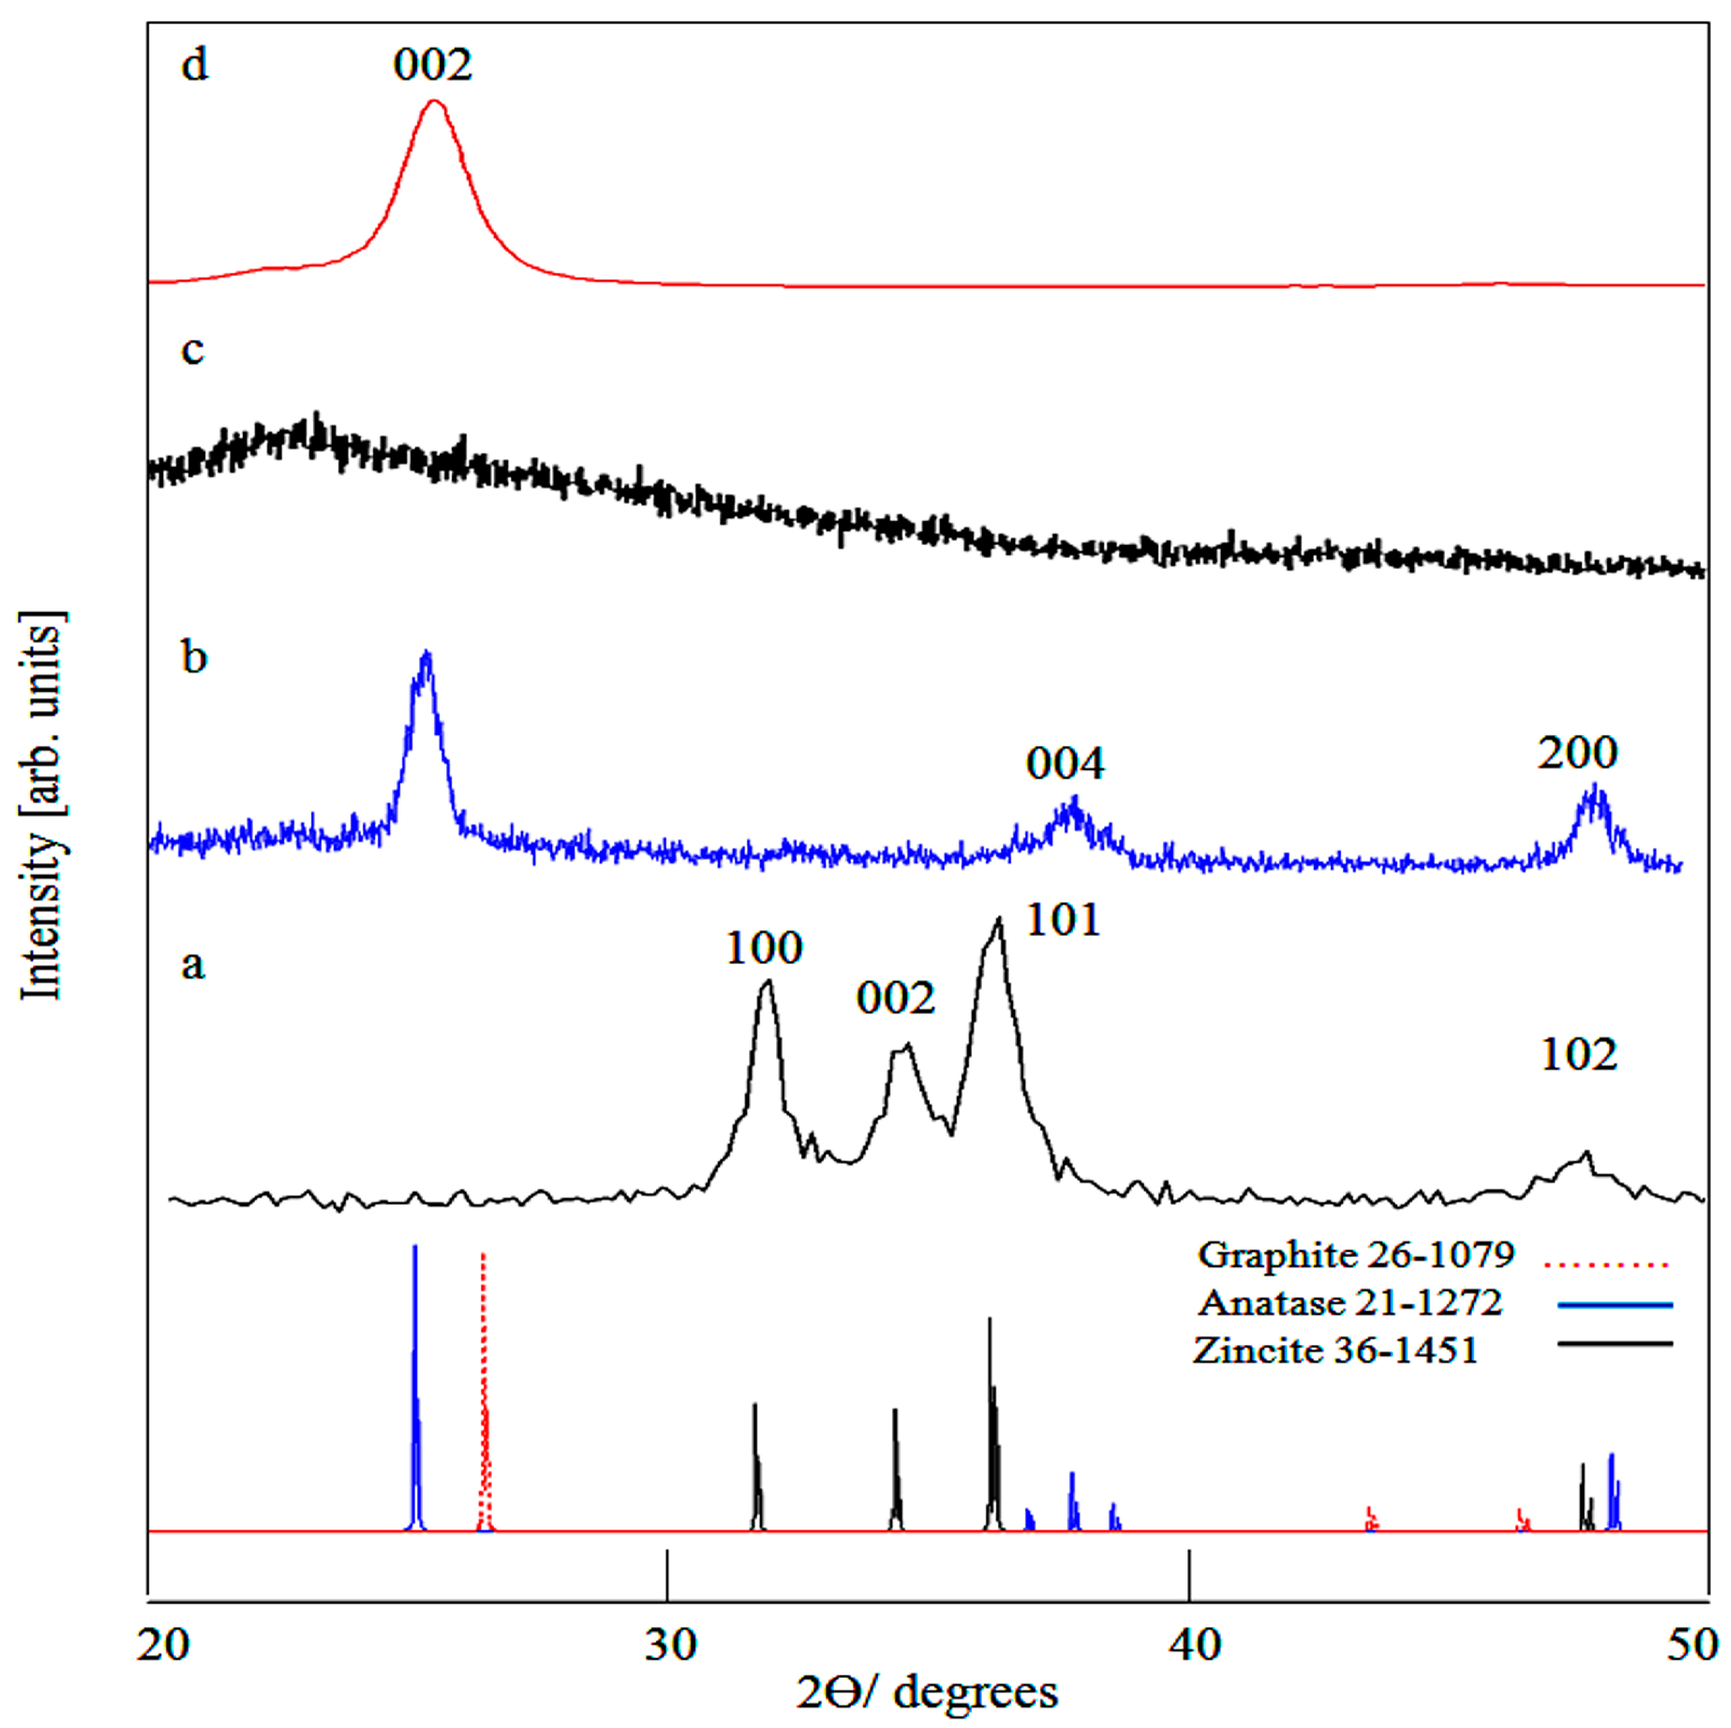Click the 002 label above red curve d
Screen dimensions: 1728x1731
point(432,65)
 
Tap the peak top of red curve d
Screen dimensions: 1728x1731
point(435,102)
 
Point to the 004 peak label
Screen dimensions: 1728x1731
point(1065,764)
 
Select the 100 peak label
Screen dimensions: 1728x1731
point(763,948)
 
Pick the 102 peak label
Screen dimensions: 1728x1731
point(1578,1055)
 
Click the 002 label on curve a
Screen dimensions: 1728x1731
point(895,998)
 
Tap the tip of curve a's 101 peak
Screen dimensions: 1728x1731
point(998,920)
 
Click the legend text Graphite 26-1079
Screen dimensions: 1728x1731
point(1356,1254)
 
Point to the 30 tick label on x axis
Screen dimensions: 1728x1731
point(670,1645)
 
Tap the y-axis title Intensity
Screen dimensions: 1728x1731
point(40,806)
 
